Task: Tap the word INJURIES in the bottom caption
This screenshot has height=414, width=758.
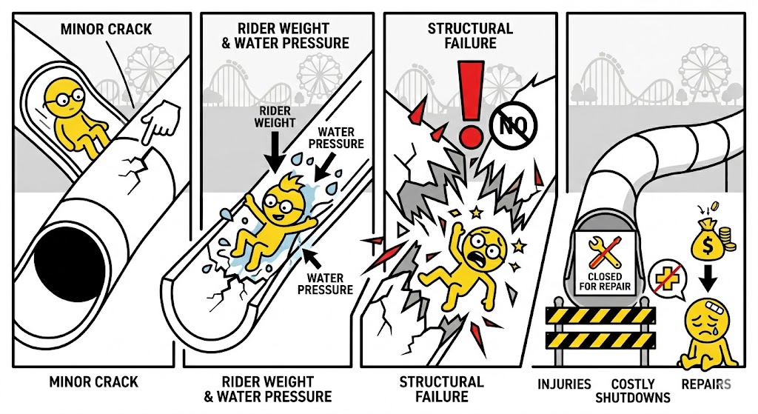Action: tap(564, 384)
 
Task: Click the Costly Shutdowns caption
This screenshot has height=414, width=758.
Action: tap(633, 390)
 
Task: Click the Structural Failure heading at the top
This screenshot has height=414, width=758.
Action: tap(470, 36)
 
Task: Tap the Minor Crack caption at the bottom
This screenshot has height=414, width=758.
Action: tap(93, 383)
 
